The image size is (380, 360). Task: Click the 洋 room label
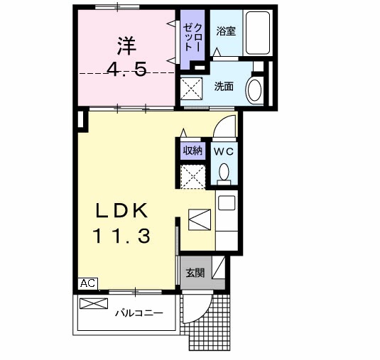[x=126, y=45]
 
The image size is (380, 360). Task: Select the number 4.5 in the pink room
[x=126, y=70]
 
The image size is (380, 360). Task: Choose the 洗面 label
[x=224, y=86]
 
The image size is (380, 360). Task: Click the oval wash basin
[x=254, y=90]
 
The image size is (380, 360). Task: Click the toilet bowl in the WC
[x=224, y=173]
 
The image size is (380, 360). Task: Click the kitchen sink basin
[x=225, y=202]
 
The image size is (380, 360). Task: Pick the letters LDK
[x=122, y=211]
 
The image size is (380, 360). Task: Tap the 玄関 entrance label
[x=195, y=272]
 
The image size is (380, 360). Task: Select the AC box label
[x=86, y=283]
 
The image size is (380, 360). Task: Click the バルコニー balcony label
[x=139, y=312]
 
